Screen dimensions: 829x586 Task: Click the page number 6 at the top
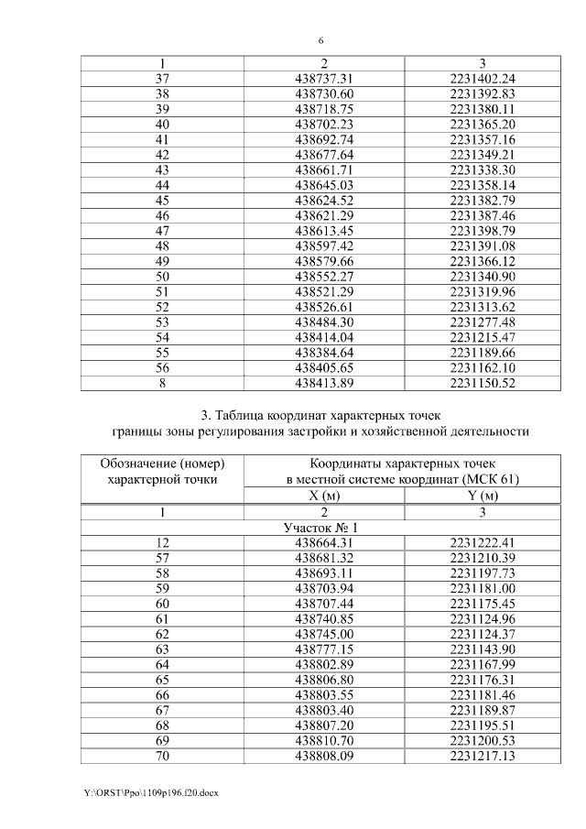click(x=320, y=40)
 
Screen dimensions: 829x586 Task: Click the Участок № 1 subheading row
click(x=320, y=528)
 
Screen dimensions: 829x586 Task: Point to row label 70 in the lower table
click(x=162, y=755)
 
